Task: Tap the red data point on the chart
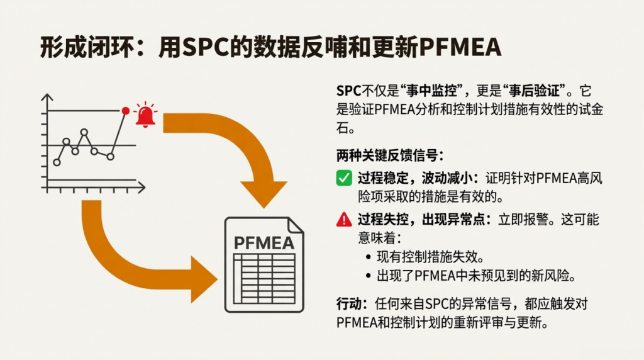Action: pos(125,111)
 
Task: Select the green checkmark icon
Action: pos(344,178)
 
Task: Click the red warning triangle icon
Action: pos(344,220)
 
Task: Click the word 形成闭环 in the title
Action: pos(74,47)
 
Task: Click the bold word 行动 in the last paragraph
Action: pos(348,305)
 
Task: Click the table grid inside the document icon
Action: pos(264,278)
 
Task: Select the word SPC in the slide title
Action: pos(209,47)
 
